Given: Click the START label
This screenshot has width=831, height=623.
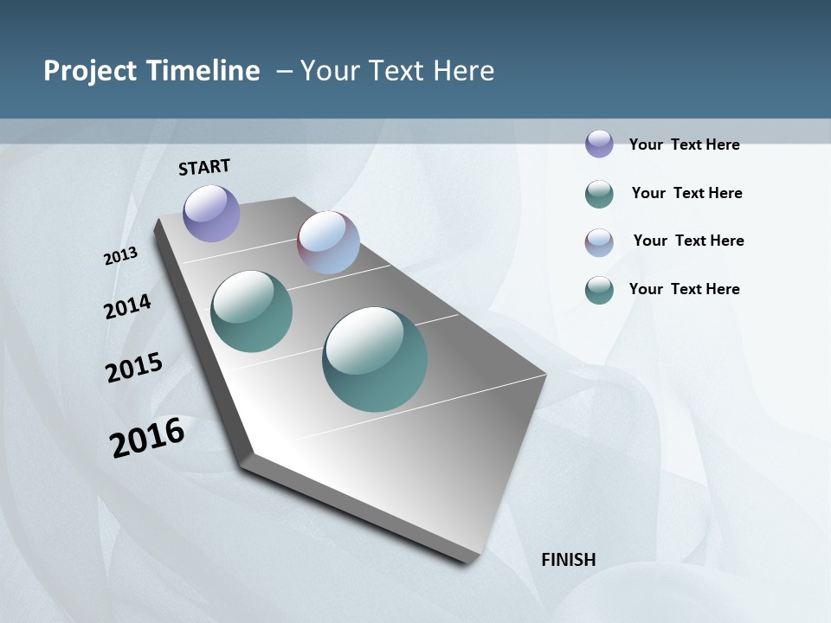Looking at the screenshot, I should [x=204, y=167].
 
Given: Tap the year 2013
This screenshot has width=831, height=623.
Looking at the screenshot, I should [x=120, y=256].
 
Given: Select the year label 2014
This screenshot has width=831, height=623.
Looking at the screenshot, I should [x=127, y=306].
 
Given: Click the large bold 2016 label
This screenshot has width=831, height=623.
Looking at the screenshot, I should [x=147, y=438].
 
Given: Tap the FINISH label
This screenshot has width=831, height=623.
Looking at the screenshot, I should [x=568, y=560].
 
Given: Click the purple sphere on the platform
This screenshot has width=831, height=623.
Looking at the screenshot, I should [x=211, y=213].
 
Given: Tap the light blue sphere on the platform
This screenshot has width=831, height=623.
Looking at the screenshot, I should [x=328, y=242].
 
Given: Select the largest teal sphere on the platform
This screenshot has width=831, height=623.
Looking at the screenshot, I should [x=375, y=359].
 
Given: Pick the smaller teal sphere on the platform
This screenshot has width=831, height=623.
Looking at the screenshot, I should [x=251, y=311].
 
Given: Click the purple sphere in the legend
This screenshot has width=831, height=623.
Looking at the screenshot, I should [x=599, y=144].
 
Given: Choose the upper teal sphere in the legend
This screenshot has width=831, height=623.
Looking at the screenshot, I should [x=599, y=194].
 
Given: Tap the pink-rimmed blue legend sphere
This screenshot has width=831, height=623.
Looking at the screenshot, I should [x=599, y=242].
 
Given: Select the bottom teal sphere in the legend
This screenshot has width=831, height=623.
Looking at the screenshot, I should [x=599, y=290].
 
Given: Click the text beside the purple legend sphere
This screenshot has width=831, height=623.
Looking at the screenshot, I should [x=684, y=145].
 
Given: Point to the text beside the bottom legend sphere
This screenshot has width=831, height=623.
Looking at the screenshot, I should [x=684, y=289].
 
